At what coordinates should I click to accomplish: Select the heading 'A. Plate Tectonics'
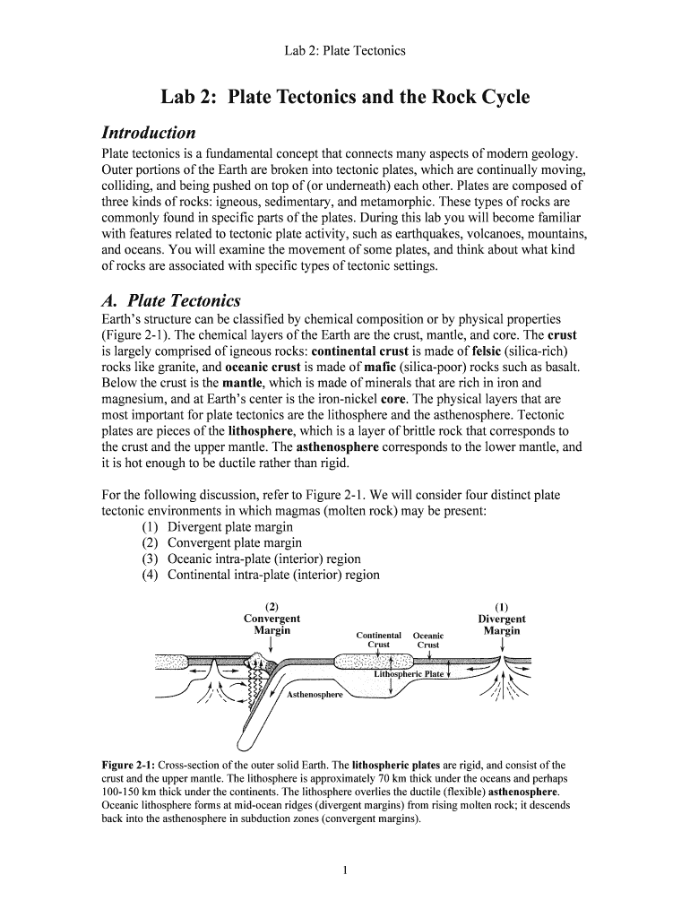(x=171, y=299)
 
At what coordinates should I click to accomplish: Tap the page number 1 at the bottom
(x=344, y=870)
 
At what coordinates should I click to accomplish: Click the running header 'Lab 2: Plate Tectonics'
(x=344, y=50)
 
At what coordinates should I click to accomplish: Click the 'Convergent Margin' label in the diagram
(x=272, y=625)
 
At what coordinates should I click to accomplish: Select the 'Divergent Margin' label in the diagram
(x=502, y=625)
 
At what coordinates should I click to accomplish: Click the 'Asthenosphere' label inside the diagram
(x=315, y=695)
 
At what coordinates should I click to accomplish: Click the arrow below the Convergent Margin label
(x=272, y=646)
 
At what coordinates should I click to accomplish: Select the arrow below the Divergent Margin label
(x=502, y=646)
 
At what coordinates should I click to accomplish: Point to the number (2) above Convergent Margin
(x=272, y=606)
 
